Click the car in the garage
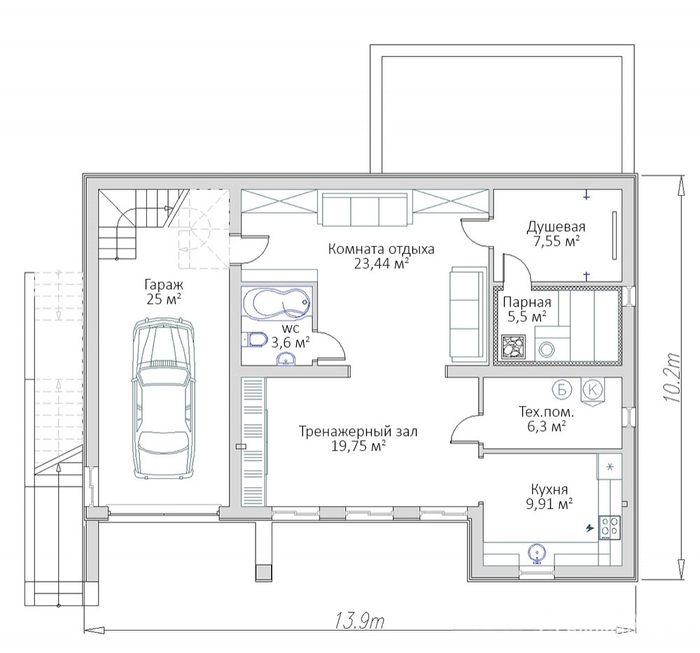click(163, 398)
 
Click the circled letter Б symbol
click(561, 390)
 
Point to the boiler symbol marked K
click(592, 391)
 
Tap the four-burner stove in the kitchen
click(610, 528)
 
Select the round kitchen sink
click(536, 553)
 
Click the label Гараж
click(164, 284)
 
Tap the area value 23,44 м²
click(381, 264)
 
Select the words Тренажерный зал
click(358, 432)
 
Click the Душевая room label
click(556, 227)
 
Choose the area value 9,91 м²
click(549, 504)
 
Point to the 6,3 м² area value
click(547, 426)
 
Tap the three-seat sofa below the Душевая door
click(468, 314)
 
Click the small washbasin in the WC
click(286, 359)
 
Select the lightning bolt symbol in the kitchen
click(590, 528)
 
